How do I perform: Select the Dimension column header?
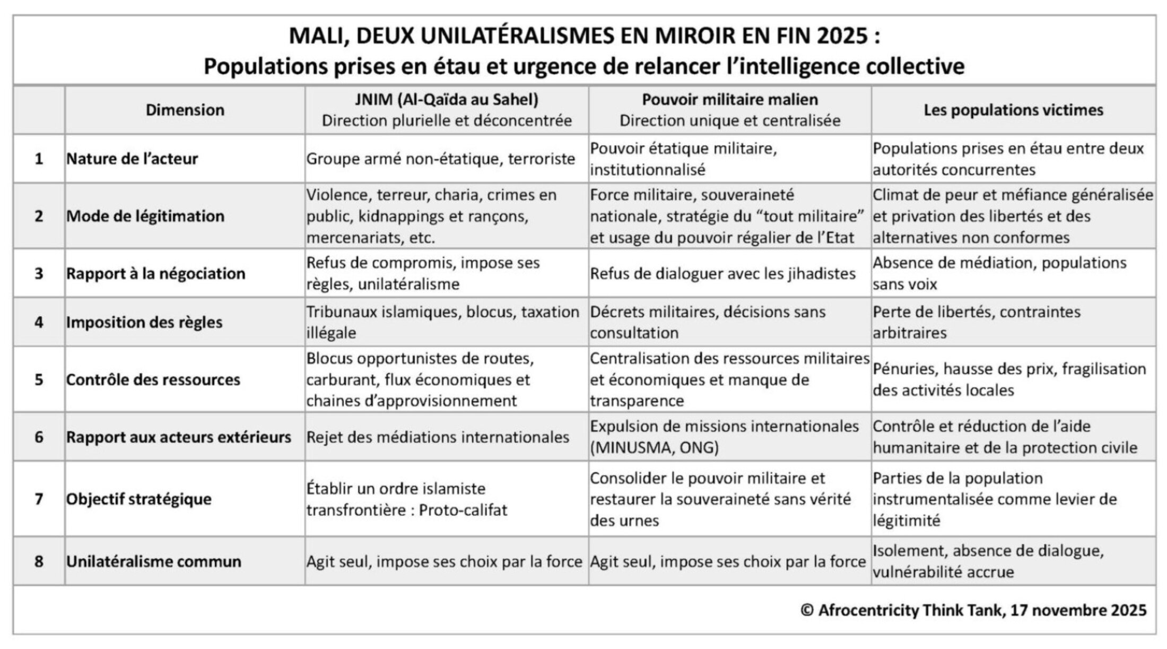(185, 110)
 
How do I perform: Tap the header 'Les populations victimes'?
(1013, 110)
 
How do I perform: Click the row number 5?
(39, 379)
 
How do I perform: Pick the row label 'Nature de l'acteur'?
(132, 159)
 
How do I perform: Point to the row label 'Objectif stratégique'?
(138, 499)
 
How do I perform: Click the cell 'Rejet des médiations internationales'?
(438, 437)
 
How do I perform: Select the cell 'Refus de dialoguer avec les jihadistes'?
(722, 273)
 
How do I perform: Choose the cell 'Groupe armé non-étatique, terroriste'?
(441, 159)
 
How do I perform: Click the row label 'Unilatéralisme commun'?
(153, 561)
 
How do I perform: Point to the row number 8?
(39, 561)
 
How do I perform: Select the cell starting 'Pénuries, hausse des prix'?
(1009, 379)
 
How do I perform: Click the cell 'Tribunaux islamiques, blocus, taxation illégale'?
(442, 322)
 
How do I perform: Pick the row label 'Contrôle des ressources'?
(153, 379)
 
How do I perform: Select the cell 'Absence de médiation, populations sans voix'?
(999, 273)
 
